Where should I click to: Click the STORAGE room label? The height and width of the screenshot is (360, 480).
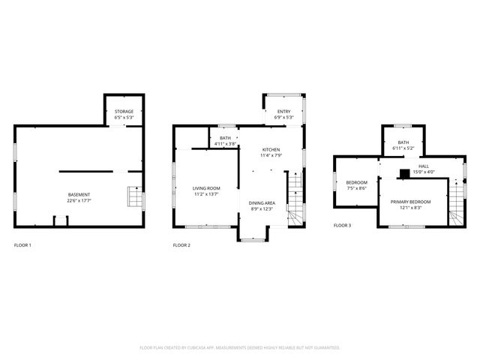124,111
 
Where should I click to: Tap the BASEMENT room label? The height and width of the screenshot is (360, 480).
79,195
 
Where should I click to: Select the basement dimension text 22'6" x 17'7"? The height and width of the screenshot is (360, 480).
79,200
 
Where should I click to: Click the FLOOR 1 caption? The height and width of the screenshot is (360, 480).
22,245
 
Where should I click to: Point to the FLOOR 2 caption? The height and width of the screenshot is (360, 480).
181,245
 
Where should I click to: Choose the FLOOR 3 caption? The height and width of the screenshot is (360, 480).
342,225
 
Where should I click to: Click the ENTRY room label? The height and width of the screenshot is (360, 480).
284,111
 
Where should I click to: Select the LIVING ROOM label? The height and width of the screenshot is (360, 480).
206,188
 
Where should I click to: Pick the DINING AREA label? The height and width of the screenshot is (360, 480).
262,202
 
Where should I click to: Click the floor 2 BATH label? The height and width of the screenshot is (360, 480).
225,138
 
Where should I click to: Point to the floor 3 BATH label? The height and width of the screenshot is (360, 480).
403,142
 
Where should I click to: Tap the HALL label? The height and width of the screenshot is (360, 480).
424,166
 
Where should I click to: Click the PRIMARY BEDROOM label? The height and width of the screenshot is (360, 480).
410,202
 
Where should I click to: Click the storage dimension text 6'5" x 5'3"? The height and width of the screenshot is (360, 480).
124,117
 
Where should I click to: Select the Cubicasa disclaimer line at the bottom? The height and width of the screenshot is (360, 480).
240,347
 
